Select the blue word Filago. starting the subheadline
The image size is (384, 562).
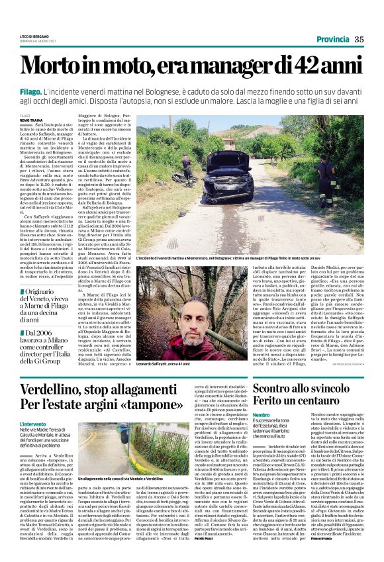tap(31, 89)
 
